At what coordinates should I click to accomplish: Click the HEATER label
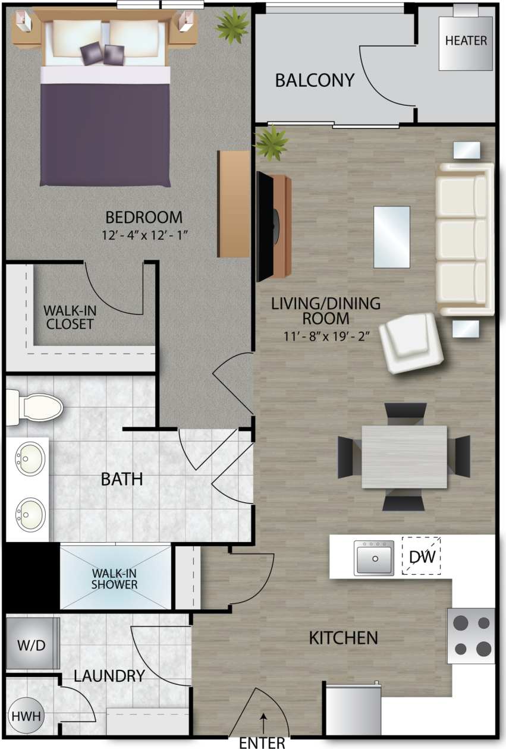466,40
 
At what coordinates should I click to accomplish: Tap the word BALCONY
315,80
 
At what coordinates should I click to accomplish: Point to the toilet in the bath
36,407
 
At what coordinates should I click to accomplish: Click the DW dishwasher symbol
423,557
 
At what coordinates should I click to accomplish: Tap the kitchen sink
374,558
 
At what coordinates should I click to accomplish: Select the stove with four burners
471,635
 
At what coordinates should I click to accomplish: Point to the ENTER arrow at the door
262,726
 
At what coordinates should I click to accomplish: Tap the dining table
404,457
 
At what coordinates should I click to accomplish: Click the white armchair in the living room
411,342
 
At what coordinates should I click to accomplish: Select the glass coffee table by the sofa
391,237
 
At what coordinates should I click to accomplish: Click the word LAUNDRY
109,675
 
